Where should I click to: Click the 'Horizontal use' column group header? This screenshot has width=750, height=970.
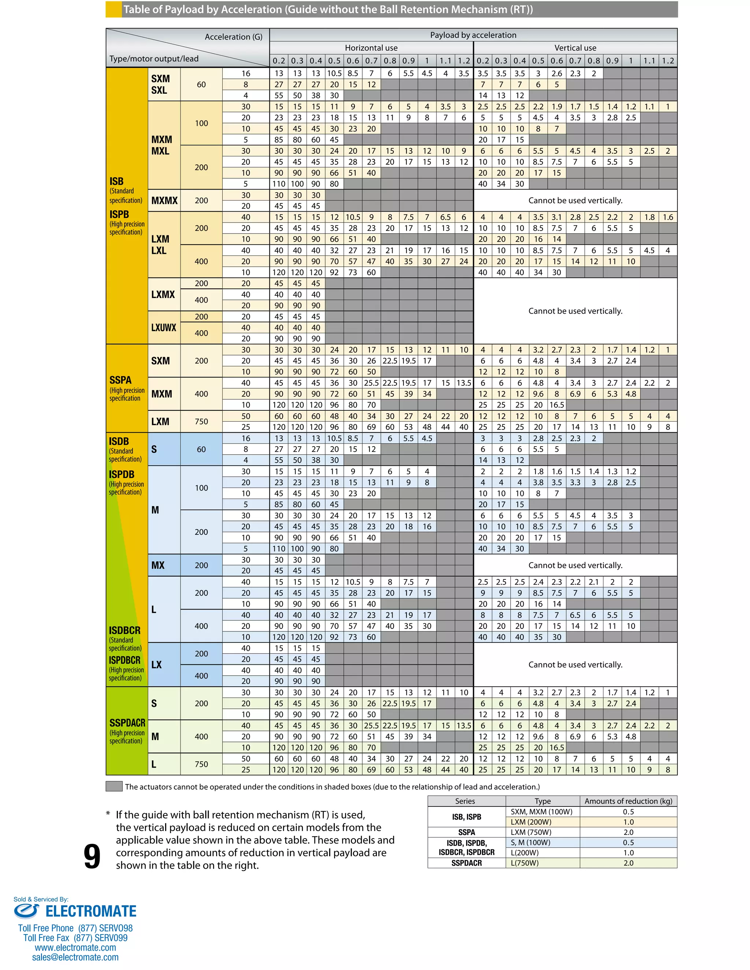371,48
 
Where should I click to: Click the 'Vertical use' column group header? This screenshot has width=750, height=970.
575,48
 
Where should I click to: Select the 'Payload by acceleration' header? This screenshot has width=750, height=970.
473,35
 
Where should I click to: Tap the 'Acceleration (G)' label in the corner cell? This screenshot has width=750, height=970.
233,37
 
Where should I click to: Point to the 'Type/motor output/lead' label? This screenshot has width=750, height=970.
154,59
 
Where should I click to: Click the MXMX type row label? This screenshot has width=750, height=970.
164,201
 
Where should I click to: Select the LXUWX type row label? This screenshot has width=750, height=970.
163,328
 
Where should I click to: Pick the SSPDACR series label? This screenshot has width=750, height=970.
127,723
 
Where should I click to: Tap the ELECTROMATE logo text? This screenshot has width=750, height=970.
91,911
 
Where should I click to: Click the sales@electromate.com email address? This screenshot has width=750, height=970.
75,957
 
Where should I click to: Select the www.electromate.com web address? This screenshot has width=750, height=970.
75,947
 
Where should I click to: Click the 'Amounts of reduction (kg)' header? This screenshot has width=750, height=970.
628,801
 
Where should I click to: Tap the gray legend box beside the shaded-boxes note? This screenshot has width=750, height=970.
114,787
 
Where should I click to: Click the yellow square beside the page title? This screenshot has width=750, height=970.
114,9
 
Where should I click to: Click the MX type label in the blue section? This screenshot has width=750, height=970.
158,566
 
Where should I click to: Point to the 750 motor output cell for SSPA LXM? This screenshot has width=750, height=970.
201,421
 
